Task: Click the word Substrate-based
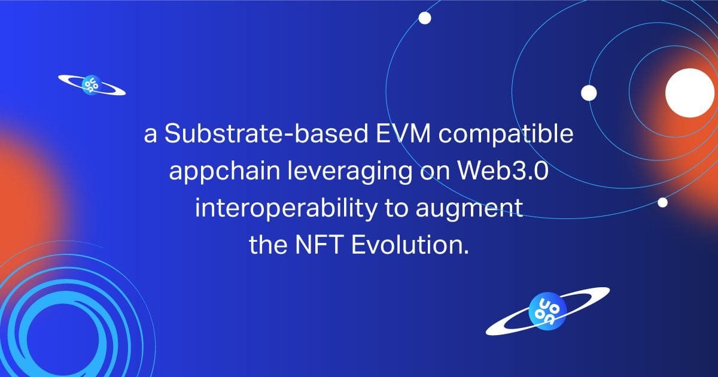pyautogui.click(x=266, y=133)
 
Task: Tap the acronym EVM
pyautogui.click(x=403, y=133)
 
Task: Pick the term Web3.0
pyautogui.click(x=503, y=170)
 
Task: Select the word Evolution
pyautogui.click(x=410, y=245)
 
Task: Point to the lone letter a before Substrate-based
pyautogui.click(x=150, y=135)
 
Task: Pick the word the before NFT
pyautogui.click(x=268, y=245)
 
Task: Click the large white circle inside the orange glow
pyautogui.click(x=689, y=93)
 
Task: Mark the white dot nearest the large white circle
pyautogui.click(x=589, y=93)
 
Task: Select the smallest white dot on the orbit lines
pyautogui.click(x=662, y=203)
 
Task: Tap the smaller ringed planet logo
pyautogui.click(x=92, y=85)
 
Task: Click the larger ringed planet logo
pyautogui.click(x=547, y=311)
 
